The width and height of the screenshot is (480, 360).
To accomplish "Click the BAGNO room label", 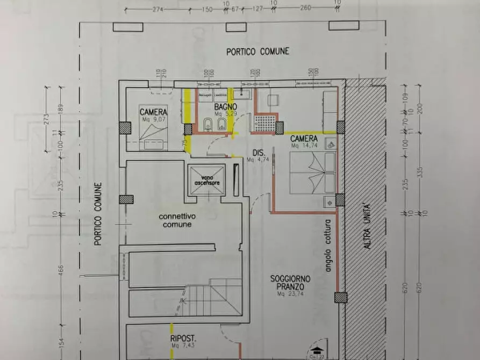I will coord(218,107).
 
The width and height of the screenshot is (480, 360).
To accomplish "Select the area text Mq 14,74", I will coord(304,145).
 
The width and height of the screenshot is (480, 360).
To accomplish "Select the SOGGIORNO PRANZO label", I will coord(290,283).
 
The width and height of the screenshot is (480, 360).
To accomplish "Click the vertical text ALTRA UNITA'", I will coord(367,226).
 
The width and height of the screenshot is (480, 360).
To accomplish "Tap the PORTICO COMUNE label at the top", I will coord(257,51).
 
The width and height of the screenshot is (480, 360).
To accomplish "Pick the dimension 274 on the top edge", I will coord(157,9).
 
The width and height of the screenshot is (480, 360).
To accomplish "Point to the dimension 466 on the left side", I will coord(61,268).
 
